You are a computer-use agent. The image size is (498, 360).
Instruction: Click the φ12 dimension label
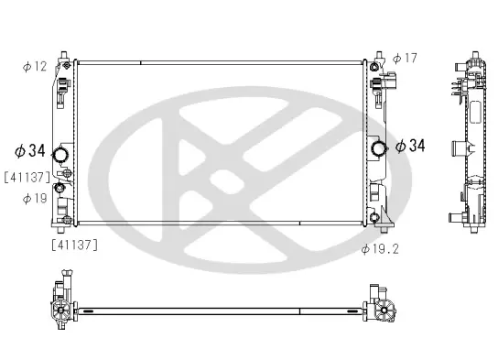click(x=35, y=66)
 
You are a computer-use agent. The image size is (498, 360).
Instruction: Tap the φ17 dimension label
click(x=405, y=58)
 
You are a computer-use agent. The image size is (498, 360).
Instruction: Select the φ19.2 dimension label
click(x=380, y=249)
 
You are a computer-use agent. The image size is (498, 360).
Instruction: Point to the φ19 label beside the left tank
click(x=35, y=199)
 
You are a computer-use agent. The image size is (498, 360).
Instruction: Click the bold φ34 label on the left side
click(x=30, y=150)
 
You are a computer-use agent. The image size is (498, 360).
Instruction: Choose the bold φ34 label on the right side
click(x=410, y=146)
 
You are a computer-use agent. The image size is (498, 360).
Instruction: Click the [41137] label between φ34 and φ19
click(x=27, y=178)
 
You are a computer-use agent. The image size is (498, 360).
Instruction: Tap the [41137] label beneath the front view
click(x=75, y=245)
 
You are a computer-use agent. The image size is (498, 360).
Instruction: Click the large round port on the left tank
click(x=60, y=155)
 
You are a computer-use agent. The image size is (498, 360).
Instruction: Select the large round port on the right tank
click(x=379, y=148)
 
